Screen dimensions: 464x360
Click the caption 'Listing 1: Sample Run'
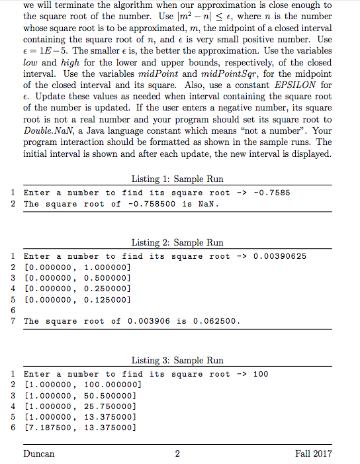(x=177, y=179)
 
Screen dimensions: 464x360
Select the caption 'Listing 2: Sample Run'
(x=177, y=243)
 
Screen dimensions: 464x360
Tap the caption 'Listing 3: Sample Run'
(x=177, y=361)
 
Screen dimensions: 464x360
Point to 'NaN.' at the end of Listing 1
(x=208, y=203)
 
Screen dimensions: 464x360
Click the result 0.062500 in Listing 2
(x=218, y=321)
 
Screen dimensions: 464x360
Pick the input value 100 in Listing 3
(x=261, y=374)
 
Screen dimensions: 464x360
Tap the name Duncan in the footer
(x=38, y=453)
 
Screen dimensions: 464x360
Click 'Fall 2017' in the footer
(x=314, y=453)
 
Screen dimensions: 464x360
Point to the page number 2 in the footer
(x=177, y=453)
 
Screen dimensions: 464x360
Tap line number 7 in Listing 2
(x=13, y=321)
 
